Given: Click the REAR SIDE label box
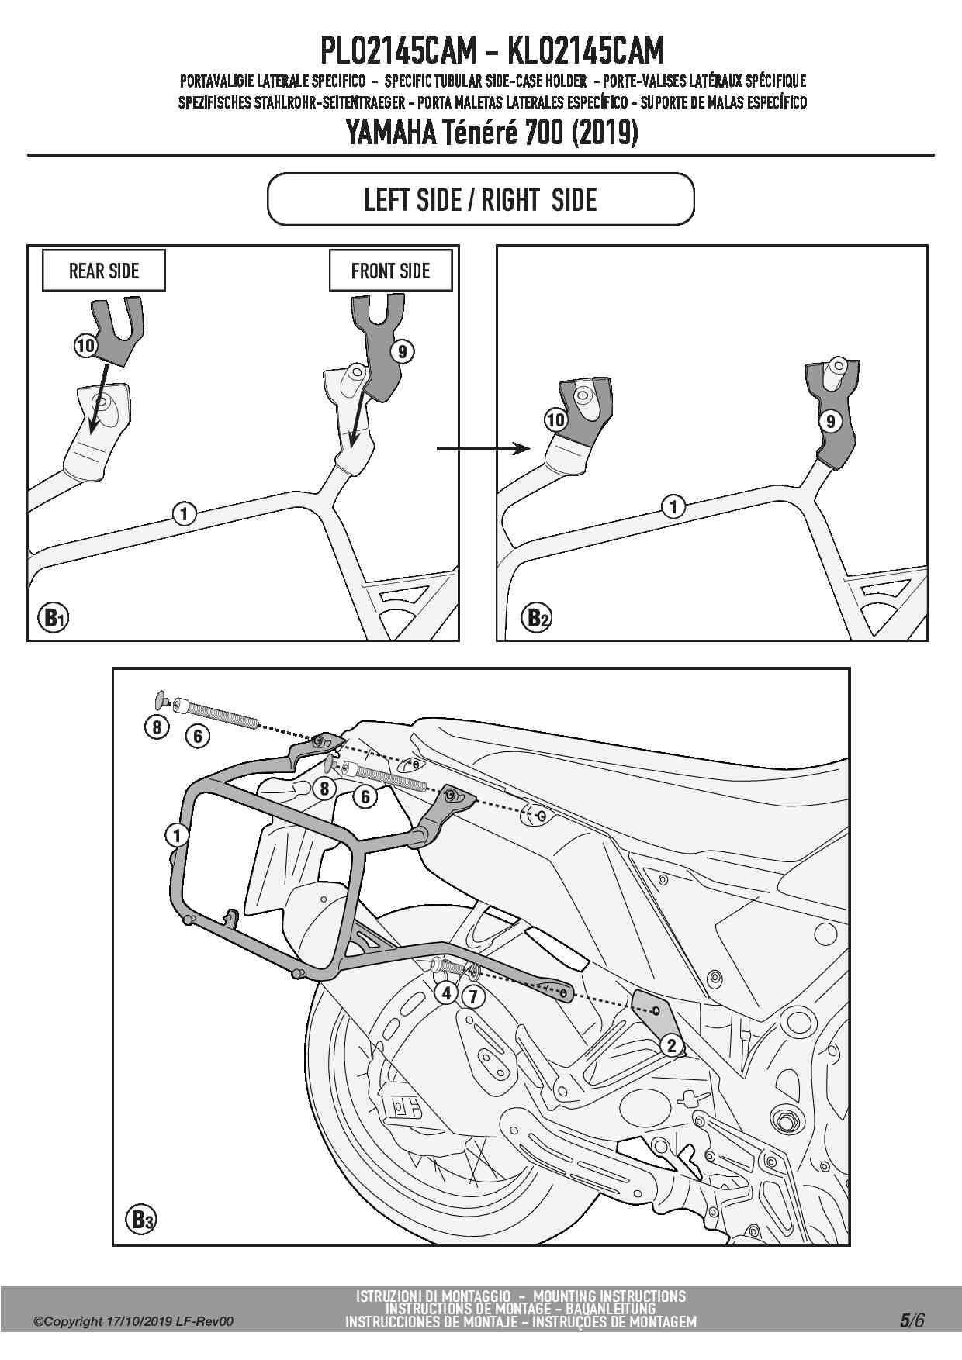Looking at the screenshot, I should coord(103,271).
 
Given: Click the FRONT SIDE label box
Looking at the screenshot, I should coord(390,271).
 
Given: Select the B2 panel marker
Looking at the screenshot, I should coord(538,617).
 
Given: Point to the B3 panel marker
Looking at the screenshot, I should coord(140,1220).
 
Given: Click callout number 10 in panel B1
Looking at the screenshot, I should coord(85,345).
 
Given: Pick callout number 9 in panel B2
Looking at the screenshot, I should coord(830,421).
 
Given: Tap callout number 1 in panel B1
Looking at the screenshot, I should coord(184,513).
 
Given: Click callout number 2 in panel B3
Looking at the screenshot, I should coord(672,1045).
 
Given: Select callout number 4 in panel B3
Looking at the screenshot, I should coord(446,993).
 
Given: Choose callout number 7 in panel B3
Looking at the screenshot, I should coord(472,995).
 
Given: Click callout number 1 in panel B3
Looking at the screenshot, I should coord(177,835).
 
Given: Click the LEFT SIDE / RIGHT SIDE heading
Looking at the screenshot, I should coord(480,200).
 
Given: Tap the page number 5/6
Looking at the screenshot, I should coord(912,1320).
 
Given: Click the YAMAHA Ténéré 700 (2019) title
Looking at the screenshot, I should coord(491,133).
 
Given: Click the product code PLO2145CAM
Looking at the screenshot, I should coord(398,52).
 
